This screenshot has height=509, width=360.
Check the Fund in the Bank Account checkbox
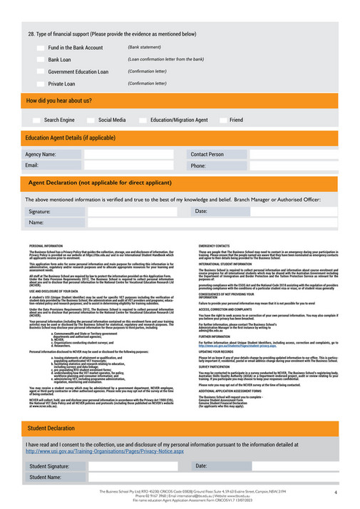click(x=40, y=48)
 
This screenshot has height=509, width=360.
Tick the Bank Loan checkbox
click(x=40, y=60)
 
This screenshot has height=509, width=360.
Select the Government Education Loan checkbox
click(x=40, y=72)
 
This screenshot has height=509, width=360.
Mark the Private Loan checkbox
click(x=40, y=83)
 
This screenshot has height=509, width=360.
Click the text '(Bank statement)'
click(x=144, y=47)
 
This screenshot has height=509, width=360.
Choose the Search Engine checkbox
click(x=36, y=120)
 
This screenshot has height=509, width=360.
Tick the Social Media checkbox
click(x=90, y=120)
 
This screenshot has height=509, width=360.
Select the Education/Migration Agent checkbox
click(x=143, y=120)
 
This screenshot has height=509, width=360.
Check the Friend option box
click(x=222, y=120)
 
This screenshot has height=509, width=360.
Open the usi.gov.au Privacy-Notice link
click(x=105, y=451)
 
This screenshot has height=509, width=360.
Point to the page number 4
click(x=335, y=493)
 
